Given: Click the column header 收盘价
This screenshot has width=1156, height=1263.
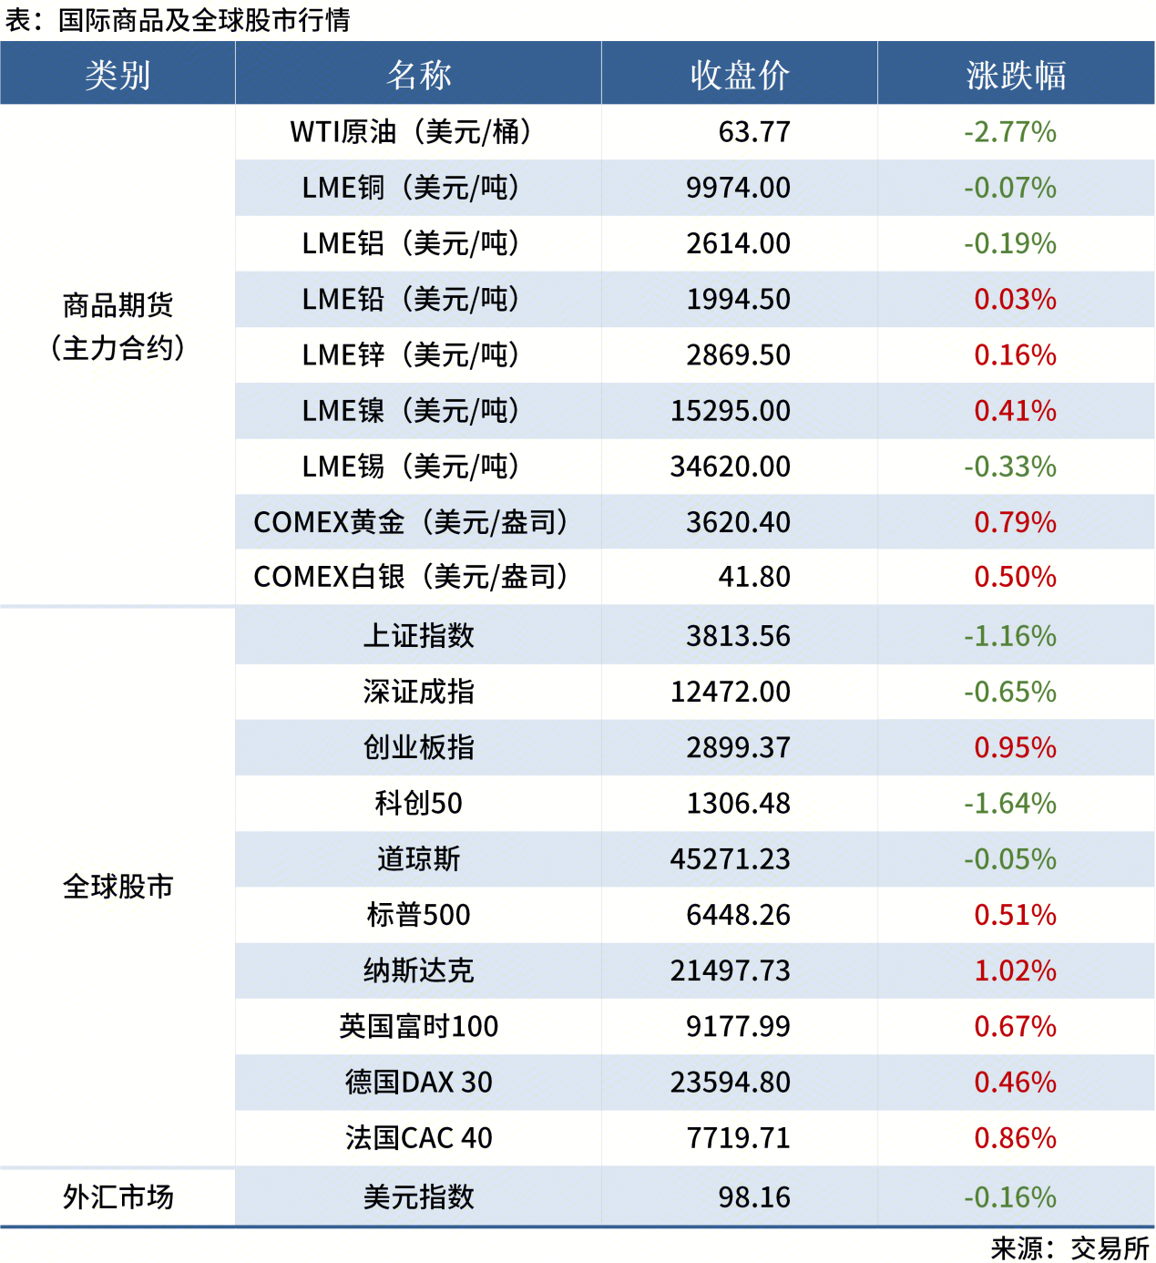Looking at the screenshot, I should point(739,75).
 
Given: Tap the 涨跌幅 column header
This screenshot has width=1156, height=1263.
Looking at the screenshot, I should point(1016,75).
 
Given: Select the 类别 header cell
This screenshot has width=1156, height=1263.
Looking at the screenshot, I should point(118,75).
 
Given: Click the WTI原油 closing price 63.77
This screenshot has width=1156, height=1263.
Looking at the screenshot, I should point(753,132).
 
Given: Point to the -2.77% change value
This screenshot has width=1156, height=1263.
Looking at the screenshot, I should point(1010,132).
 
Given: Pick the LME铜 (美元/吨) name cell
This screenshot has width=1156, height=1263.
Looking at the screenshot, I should point(411,188).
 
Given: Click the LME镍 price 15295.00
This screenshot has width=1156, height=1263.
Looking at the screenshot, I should point(730,411).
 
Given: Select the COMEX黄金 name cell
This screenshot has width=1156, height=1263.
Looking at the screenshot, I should point(411,522).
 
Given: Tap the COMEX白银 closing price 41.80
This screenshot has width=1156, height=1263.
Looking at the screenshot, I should point(753,577).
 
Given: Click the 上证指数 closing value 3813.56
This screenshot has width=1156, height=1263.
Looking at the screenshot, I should point(738,636).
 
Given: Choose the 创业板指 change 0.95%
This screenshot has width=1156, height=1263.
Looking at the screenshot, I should point(1015,747).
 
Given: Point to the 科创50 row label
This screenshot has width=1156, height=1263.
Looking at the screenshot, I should point(418,803).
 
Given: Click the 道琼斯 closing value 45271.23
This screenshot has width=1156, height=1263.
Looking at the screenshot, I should point(730,859).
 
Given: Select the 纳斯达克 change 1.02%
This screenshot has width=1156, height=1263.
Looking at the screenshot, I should point(1015,970).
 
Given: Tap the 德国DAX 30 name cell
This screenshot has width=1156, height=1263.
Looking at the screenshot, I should point(418,1082).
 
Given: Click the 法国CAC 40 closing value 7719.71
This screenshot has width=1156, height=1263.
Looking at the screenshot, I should point(738,1138).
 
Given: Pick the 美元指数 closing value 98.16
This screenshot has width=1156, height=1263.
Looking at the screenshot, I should point(753,1197).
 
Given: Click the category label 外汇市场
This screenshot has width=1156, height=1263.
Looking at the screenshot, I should point(118,1197).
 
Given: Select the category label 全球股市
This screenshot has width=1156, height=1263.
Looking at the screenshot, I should point(118,887).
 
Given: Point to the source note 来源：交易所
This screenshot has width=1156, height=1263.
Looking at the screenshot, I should point(1069,1248).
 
